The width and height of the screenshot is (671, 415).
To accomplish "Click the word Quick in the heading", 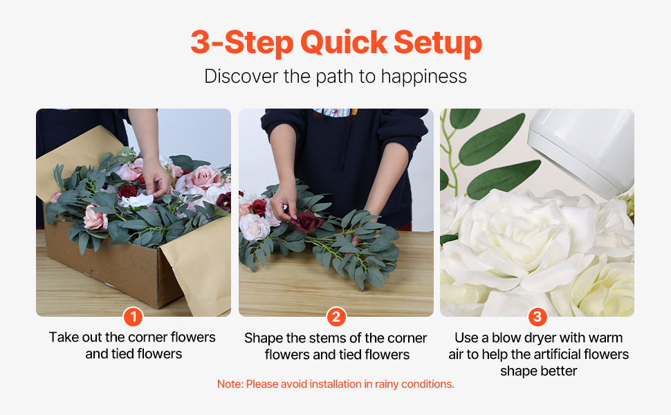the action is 344,43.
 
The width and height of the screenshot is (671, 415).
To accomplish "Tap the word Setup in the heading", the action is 438,44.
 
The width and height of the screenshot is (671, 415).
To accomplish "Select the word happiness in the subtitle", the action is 423,77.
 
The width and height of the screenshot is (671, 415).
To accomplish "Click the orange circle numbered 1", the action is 133,317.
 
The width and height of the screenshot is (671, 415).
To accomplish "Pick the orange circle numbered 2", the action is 336,317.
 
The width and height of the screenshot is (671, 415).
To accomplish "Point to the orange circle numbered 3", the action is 537,317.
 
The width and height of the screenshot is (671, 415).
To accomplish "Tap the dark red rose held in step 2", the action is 307,221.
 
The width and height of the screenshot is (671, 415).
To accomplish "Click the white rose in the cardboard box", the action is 137,200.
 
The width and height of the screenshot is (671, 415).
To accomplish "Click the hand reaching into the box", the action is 156,178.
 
